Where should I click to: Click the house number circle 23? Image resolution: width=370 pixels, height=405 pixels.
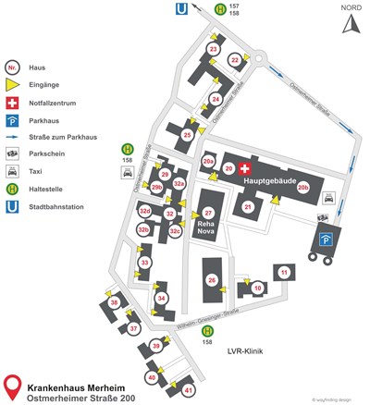tap(214, 49)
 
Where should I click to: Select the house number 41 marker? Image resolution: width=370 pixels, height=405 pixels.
tap(189, 392)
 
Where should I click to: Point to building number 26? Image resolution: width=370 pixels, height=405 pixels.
tap(212, 279)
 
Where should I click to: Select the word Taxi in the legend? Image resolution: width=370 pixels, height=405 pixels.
tap(42, 172)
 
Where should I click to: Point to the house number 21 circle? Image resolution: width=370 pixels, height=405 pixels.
tap(247, 207)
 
